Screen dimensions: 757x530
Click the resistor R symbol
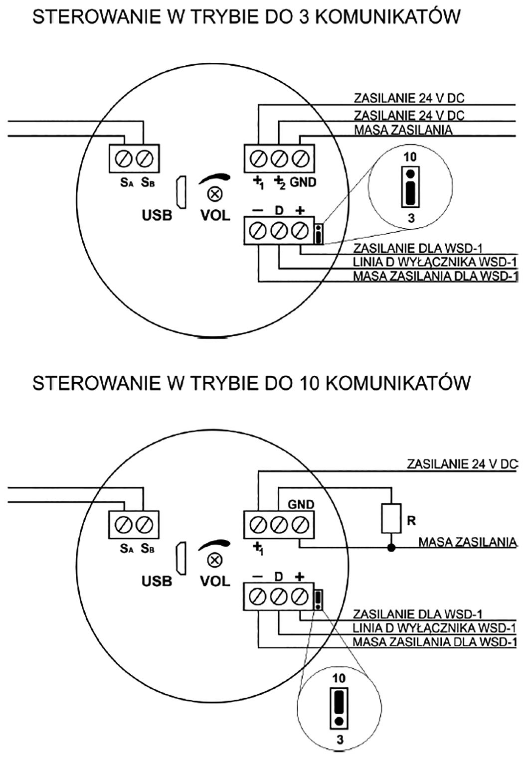point(392,518)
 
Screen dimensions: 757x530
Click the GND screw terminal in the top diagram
point(300,159)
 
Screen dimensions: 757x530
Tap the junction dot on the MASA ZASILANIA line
point(392,548)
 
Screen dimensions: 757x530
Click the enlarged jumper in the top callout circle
point(410,187)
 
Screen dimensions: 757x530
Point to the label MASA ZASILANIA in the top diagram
point(403,131)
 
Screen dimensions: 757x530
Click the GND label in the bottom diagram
point(301,504)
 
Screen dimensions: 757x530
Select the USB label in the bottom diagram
point(157,581)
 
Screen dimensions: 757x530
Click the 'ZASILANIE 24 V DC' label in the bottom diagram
point(462,464)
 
